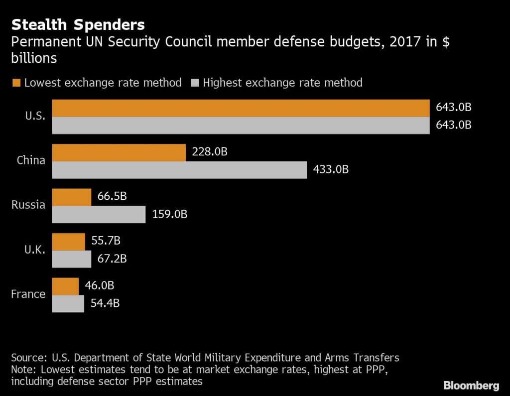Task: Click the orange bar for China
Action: (x=119, y=153)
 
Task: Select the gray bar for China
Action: (x=179, y=170)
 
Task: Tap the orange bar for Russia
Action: (x=72, y=197)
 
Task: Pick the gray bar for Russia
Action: (x=99, y=215)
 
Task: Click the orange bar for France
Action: (x=65, y=286)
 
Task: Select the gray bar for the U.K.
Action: (x=72, y=260)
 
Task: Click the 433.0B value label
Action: (x=331, y=169)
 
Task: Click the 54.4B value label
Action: (x=105, y=303)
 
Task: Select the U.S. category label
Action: (x=35, y=116)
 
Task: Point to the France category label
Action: (x=28, y=294)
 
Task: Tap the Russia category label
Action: (x=28, y=205)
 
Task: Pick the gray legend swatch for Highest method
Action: (x=195, y=83)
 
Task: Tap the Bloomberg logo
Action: (x=471, y=385)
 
